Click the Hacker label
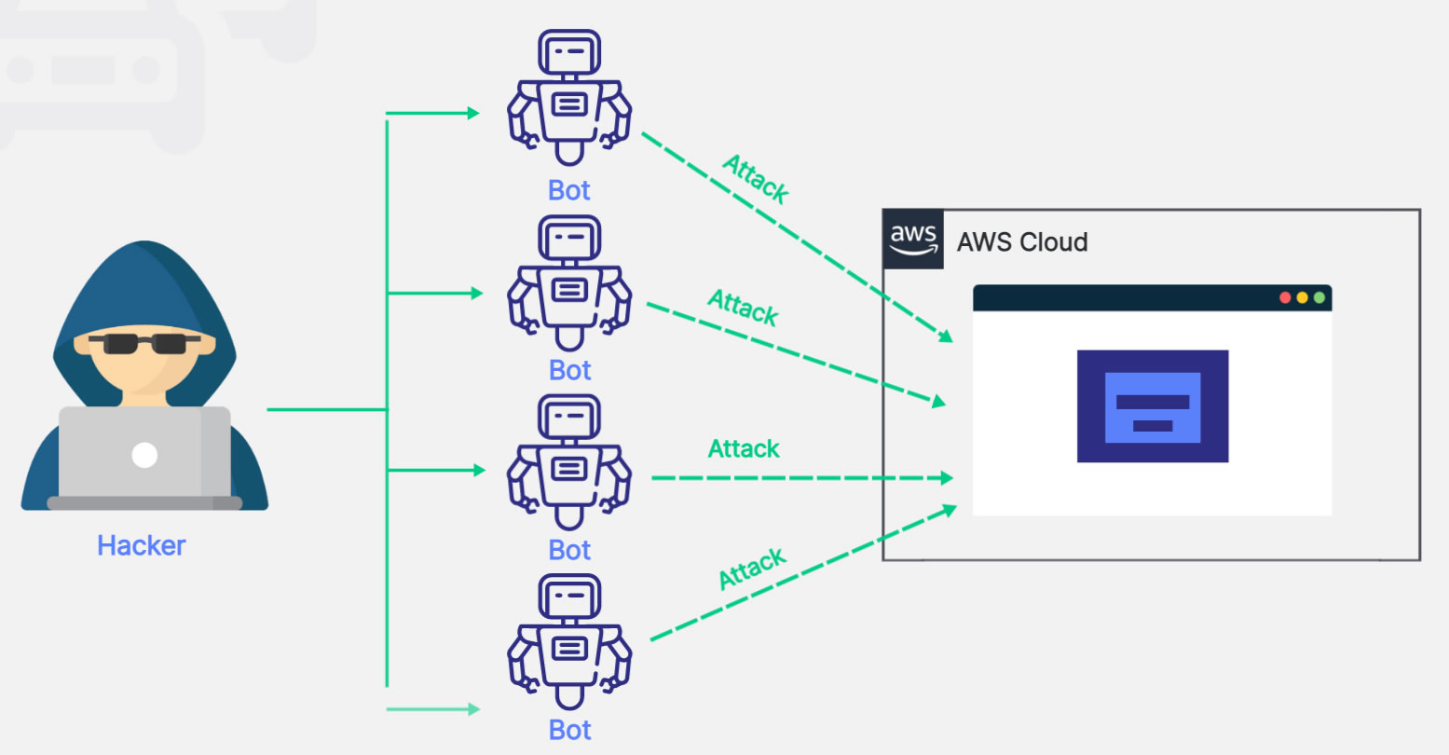tap(142, 545)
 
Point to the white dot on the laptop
tap(144, 455)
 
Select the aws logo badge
tap(913, 240)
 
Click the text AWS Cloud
tap(1022, 242)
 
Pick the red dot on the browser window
tap(1285, 297)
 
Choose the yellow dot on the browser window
tap(1303, 297)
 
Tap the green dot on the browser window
tap(1319, 297)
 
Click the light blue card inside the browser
tap(1153, 407)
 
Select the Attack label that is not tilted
tap(744, 449)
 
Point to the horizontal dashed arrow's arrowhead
tap(947, 478)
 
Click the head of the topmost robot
tap(569, 52)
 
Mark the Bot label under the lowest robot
tap(569, 730)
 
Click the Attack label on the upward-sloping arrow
tap(753, 569)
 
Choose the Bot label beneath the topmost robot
tap(569, 190)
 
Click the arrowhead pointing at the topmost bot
tap(473, 114)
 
